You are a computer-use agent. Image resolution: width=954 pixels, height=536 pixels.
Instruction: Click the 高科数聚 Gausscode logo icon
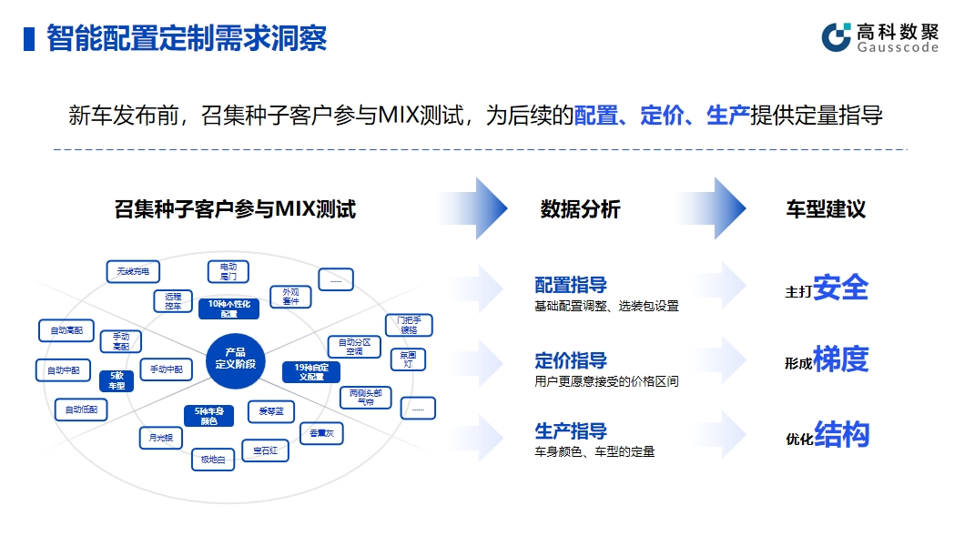click(x=836, y=37)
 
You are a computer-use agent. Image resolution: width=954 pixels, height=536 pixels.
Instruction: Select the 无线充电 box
click(x=133, y=271)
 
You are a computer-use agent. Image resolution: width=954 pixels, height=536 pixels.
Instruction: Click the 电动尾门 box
click(x=228, y=270)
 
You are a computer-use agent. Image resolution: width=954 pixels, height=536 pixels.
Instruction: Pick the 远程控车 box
click(x=173, y=301)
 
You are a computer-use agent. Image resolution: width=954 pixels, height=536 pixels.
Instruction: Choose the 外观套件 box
click(x=290, y=297)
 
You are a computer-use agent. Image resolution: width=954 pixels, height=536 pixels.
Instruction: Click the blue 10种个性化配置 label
click(x=228, y=308)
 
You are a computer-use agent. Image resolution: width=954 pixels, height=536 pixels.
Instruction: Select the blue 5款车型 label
click(x=117, y=380)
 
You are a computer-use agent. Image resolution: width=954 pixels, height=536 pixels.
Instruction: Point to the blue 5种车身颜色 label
click(x=208, y=416)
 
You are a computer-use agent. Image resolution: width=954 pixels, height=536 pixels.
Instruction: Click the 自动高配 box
click(x=66, y=330)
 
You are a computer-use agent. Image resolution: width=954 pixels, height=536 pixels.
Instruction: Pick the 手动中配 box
click(x=167, y=369)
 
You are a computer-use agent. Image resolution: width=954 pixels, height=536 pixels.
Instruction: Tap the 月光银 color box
click(x=161, y=438)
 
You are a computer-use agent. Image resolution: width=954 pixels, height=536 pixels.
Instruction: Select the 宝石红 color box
click(x=265, y=450)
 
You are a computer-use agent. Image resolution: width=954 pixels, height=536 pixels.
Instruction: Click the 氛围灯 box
click(x=407, y=359)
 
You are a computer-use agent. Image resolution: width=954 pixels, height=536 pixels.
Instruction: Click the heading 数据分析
click(x=580, y=209)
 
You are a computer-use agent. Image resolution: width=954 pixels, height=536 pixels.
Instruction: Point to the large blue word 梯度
click(x=840, y=359)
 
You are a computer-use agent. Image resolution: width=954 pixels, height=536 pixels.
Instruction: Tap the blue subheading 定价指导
click(x=571, y=360)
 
